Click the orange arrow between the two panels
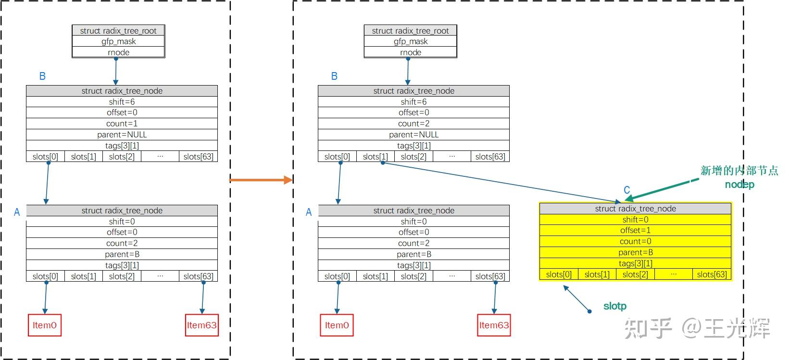260,180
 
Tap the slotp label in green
614,306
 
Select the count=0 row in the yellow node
635,241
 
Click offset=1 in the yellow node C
635,230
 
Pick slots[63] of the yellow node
712,274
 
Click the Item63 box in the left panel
201,325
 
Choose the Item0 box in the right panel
337,325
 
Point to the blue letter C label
627,190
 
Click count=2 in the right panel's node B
414,124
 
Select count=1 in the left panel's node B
122,124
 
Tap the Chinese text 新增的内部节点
739,171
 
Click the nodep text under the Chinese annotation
740,185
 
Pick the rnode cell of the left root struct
118,52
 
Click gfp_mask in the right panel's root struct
410,41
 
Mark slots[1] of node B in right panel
375,157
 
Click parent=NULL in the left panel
122,135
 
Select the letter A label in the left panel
17,212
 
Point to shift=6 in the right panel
414,102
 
